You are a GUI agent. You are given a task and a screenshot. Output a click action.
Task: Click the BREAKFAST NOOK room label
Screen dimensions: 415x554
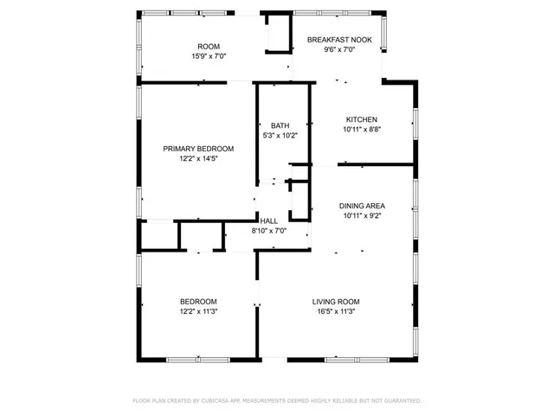tap(339, 39)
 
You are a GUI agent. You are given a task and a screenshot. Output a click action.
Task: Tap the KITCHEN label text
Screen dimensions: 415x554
tap(362, 119)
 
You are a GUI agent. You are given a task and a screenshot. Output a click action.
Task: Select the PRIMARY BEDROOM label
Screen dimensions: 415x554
tap(199, 149)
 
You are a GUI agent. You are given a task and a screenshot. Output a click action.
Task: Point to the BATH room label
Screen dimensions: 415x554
tap(280, 125)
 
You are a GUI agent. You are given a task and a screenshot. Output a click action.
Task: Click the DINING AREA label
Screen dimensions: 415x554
tap(362, 206)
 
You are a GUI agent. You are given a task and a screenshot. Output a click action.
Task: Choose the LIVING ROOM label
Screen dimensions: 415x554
tap(334, 302)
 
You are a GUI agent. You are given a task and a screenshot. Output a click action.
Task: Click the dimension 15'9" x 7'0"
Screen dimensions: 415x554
tap(208, 56)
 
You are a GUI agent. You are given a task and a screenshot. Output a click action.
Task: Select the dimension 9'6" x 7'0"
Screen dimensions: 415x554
tap(339, 49)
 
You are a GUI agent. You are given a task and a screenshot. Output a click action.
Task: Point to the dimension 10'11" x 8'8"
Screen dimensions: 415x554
tap(362, 130)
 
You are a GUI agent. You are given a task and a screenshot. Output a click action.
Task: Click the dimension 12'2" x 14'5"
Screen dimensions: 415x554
tap(199, 159)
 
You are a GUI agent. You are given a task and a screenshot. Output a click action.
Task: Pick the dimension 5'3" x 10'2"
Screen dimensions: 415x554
tap(280, 135)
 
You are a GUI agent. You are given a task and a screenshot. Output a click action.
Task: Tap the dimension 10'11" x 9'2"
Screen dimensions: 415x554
tap(362, 216)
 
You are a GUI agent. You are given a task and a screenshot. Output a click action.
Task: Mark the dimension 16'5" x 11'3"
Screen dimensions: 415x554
tap(334, 312)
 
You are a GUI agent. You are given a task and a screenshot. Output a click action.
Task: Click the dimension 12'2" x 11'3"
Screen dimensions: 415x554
tap(198, 312)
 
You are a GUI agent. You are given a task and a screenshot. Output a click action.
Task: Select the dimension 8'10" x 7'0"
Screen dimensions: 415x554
tap(268, 231)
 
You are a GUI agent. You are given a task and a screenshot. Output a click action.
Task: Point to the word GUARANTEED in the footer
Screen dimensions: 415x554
tap(400, 401)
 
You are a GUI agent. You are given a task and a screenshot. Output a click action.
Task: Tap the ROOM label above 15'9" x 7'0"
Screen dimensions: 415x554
tap(208, 46)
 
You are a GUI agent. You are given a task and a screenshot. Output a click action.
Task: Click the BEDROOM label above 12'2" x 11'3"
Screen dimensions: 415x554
tap(198, 302)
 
